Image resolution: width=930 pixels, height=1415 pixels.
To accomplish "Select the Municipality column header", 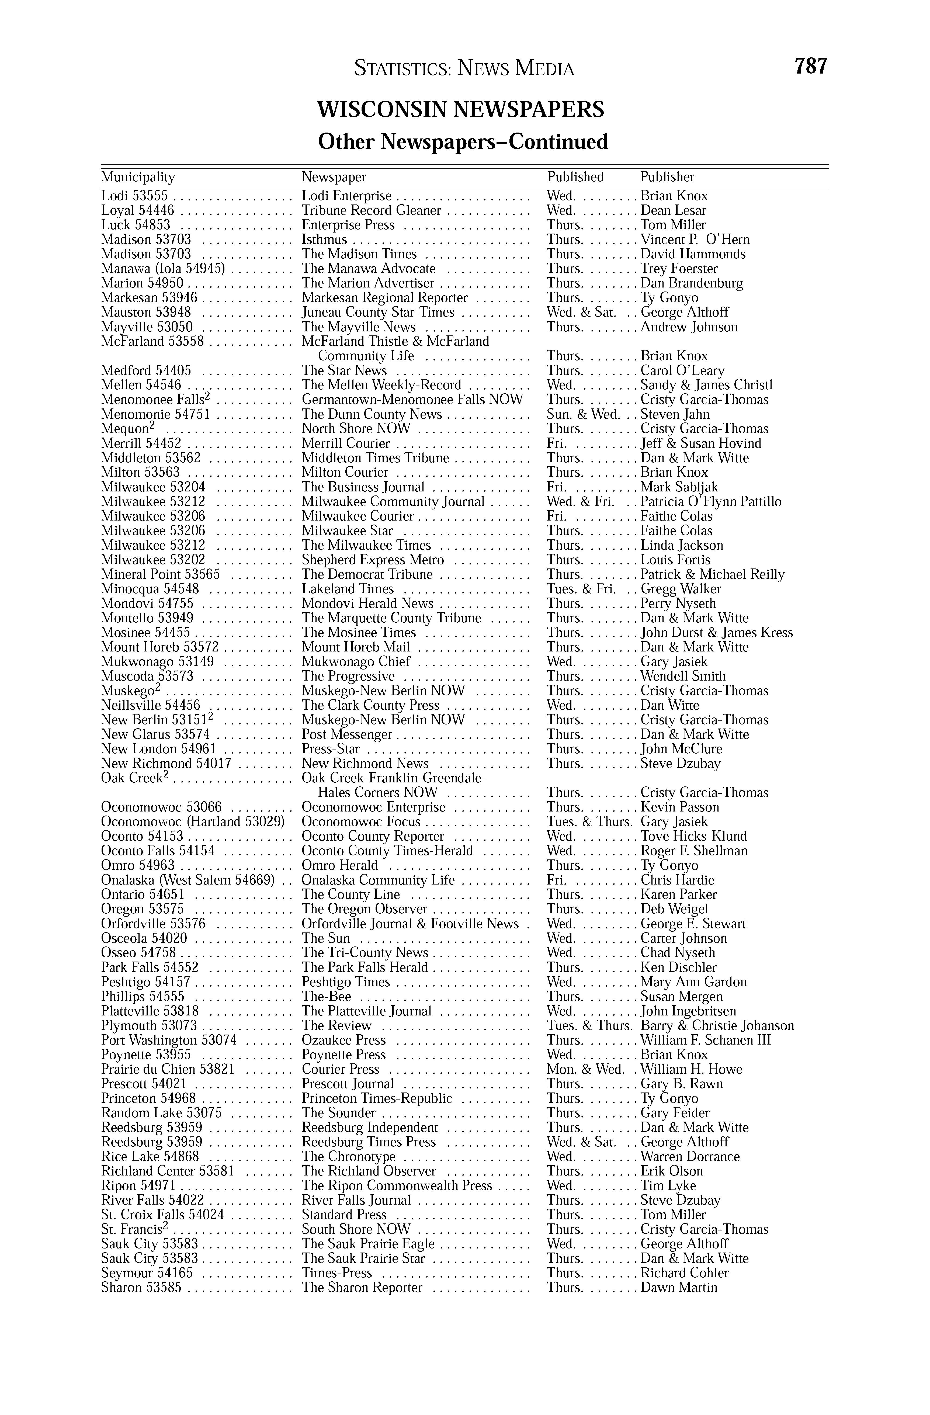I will tap(138, 177).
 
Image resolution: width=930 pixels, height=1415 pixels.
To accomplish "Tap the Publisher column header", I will tap(667, 177).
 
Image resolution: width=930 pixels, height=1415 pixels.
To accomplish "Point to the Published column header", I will tap(575, 177).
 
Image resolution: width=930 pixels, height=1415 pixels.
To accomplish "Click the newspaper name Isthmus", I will tap(324, 240).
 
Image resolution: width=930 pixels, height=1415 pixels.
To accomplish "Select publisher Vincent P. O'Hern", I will tap(695, 240).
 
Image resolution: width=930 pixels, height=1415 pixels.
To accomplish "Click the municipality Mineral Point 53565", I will tap(161, 574).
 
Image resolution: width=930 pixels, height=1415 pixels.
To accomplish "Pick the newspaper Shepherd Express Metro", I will tap(373, 560).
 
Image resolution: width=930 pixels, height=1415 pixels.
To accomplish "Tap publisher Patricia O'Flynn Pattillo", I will tap(711, 502).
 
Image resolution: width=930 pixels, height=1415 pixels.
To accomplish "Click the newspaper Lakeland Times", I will tap(348, 589).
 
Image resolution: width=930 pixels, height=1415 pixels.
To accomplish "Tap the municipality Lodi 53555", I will tap(134, 196).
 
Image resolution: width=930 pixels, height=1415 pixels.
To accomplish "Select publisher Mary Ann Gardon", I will tap(693, 982).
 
